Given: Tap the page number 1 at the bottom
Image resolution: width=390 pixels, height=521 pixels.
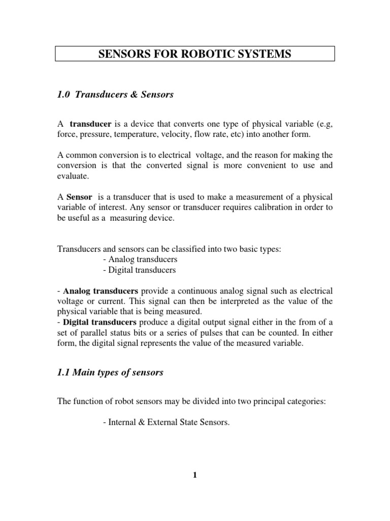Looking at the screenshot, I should pyautogui.click(x=194, y=476).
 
